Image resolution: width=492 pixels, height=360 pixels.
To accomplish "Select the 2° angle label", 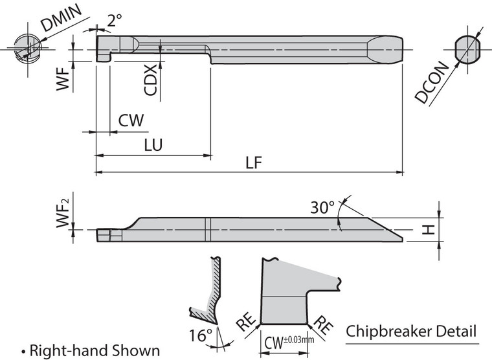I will pos(115,21).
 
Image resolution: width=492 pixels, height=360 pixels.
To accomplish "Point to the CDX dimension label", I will pos(151,80).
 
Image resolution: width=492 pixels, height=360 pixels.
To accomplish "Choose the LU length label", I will pos(153,145).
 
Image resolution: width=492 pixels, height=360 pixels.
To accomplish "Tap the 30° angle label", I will pos(322,208).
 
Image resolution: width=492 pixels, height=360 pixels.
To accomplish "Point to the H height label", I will pos(427,230).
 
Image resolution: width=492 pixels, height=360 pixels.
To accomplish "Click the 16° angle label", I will pos(201,335).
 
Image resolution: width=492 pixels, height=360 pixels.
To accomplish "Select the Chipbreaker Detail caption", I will pos(411,332).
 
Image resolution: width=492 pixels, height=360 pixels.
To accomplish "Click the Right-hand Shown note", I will pos(90,350).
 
